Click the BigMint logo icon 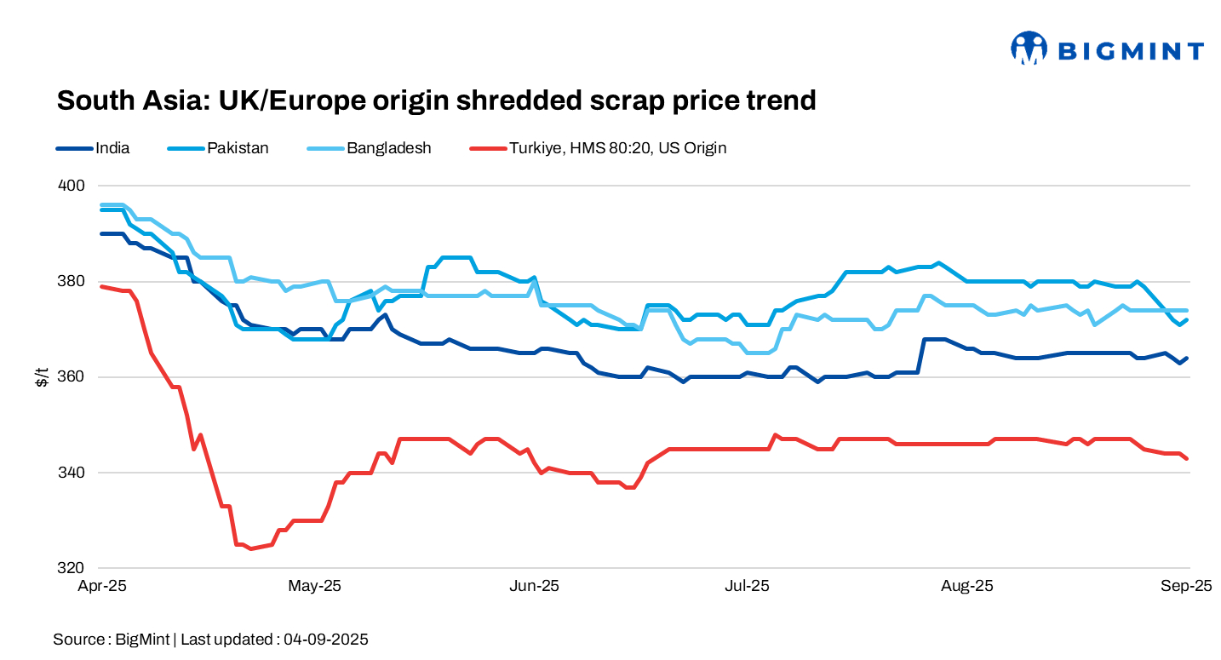[1029, 49]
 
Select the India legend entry [112, 148]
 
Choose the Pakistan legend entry [238, 148]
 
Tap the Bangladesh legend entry [388, 148]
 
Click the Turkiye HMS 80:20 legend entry [617, 148]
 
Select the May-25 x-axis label [315, 587]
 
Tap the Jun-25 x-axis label [534, 587]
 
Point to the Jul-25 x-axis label [747, 587]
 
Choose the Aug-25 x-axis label [967, 587]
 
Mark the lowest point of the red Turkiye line [250, 548]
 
